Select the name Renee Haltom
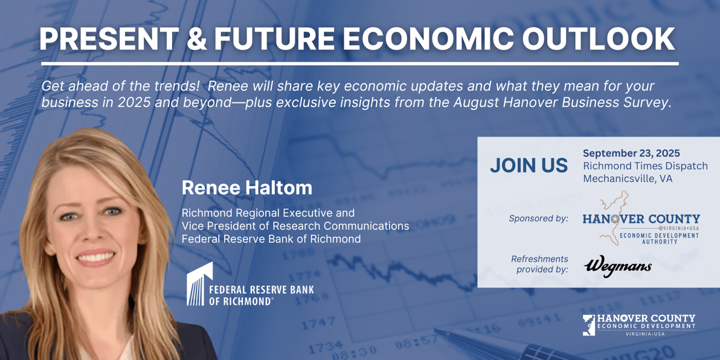coord(247,188)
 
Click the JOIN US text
coord(529,166)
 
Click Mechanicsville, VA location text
coord(628,179)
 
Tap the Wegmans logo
coord(617,267)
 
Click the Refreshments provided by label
coord(539,264)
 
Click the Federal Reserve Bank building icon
coord(199,284)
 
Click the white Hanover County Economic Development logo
coord(638,325)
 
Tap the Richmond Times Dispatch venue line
coord(645,166)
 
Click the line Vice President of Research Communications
coord(295,226)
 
